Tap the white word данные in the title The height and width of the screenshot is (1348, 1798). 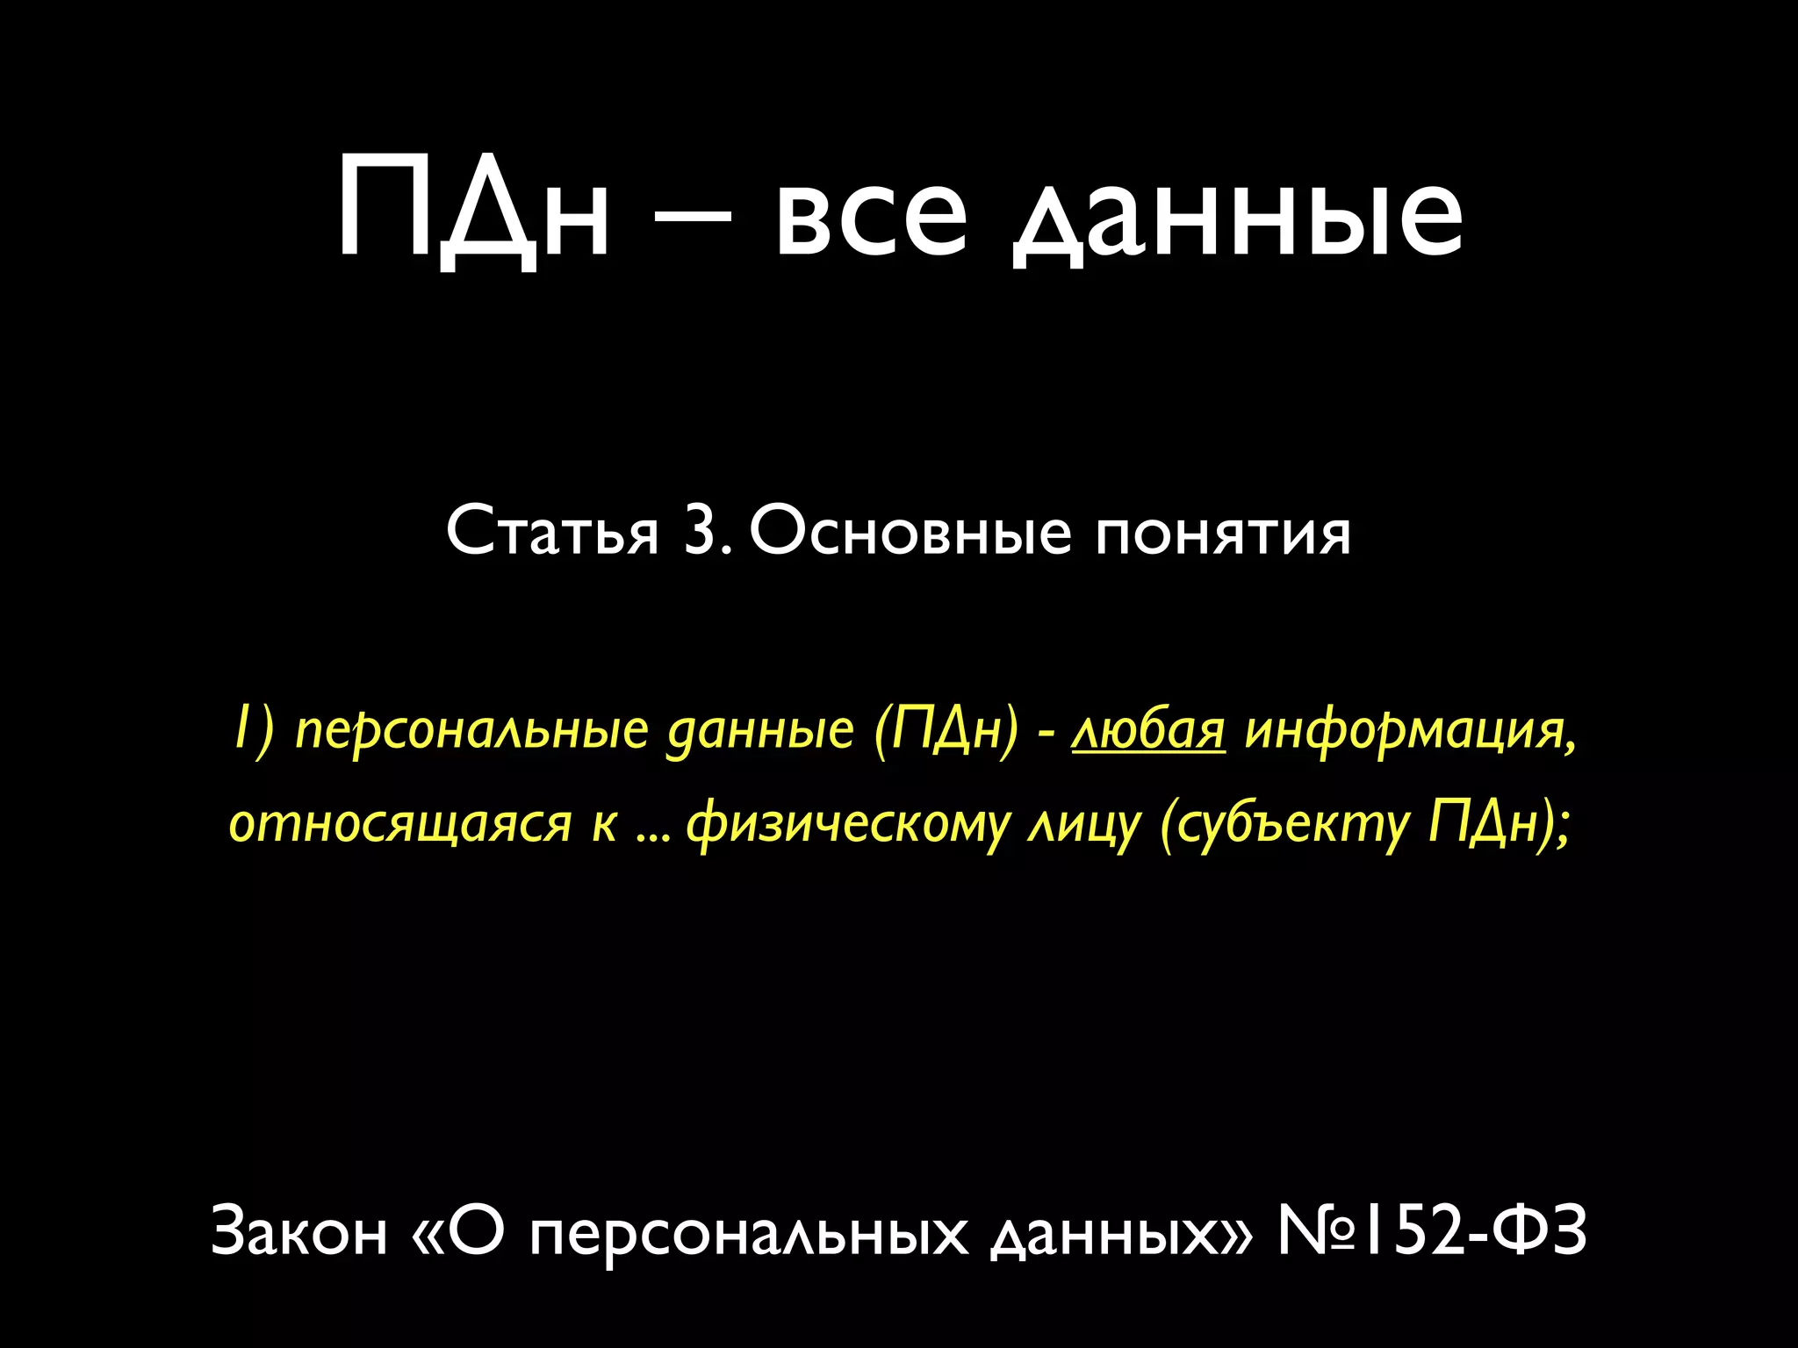[1238, 219]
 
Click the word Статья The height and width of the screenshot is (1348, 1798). [552, 532]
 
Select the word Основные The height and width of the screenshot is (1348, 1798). [910, 532]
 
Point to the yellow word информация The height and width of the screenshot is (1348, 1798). [1410, 731]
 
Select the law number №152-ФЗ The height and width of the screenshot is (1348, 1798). [1431, 1230]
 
